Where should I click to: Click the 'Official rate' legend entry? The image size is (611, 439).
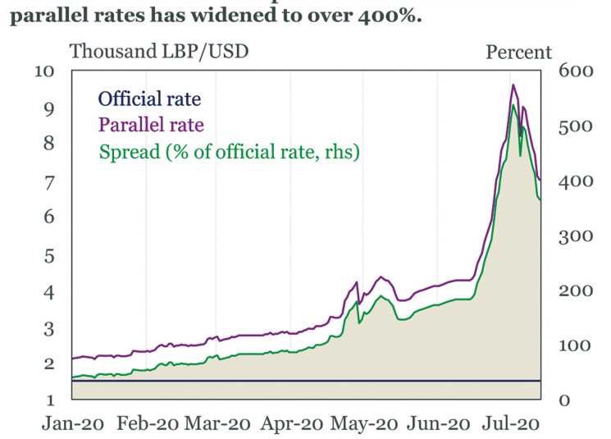point(149,99)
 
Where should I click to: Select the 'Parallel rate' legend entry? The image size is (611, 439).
point(151,126)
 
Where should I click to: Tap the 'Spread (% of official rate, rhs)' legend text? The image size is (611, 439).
point(229,152)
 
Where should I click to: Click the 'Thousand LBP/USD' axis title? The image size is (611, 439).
point(159,52)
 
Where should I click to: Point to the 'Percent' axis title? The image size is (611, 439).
point(519,52)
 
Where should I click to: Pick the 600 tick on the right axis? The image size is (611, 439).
point(574,71)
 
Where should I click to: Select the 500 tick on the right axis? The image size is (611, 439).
point(574,126)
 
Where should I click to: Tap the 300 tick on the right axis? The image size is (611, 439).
point(574,236)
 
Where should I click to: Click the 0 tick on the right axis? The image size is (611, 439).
point(563,400)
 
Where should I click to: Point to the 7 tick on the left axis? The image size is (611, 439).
point(48,182)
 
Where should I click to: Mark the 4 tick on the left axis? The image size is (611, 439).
point(48,292)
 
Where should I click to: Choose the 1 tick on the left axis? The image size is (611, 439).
point(48,400)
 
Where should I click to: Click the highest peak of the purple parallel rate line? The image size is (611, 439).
point(513,85)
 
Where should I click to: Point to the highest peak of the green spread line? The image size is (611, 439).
point(513,105)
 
